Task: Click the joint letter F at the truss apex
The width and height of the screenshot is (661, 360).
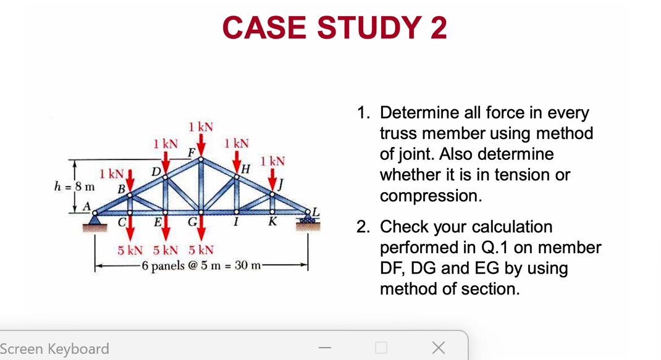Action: tap(192, 152)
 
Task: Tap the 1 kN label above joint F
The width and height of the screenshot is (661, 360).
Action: tap(201, 127)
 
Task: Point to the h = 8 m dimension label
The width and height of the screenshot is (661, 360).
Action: tap(75, 185)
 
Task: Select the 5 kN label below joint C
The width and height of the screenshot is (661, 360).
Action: tap(130, 250)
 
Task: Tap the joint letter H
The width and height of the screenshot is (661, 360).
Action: tap(246, 169)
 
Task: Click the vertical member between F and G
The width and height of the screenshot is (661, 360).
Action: tap(201, 185)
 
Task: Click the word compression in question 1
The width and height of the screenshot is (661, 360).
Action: tap(431, 196)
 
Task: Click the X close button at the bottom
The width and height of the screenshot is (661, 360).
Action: tap(438, 348)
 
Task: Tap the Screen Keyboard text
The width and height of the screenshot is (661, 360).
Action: tap(54, 349)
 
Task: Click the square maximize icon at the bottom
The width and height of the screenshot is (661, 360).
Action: tap(381, 348)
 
